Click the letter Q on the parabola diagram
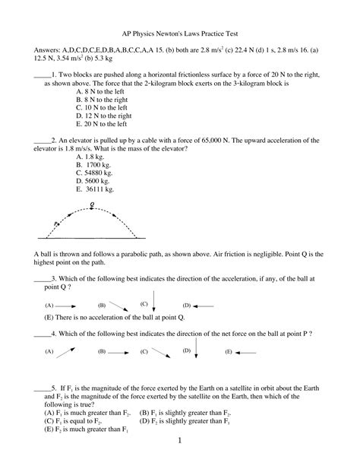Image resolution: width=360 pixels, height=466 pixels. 92,204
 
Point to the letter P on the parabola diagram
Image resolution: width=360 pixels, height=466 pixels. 55,223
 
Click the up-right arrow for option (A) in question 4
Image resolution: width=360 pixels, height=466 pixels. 67,351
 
